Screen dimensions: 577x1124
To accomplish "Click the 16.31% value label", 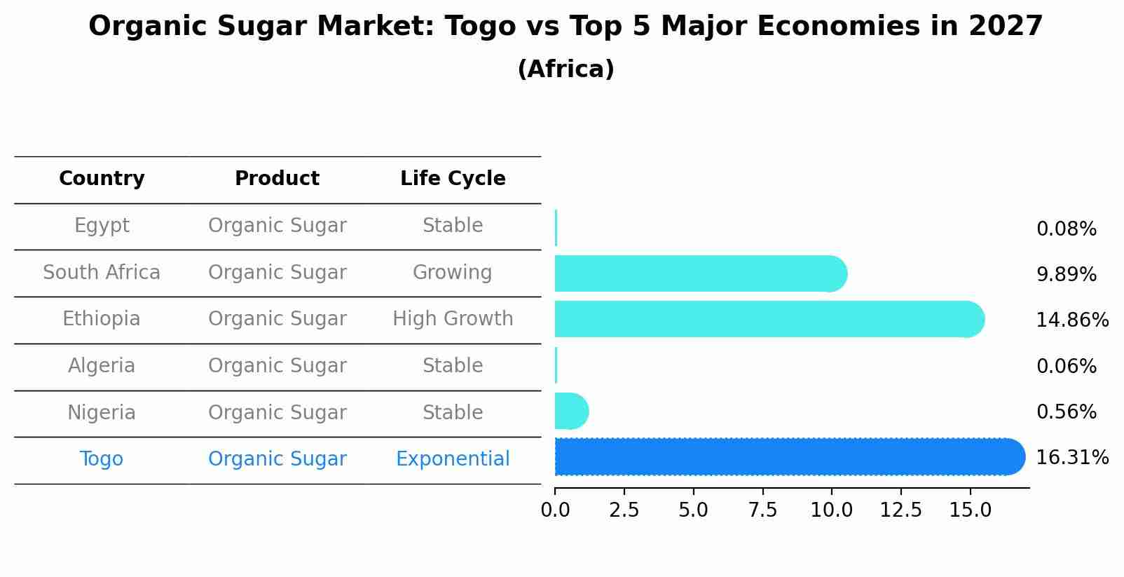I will pos(1071,458).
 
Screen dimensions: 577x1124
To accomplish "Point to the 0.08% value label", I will pos(1066,229).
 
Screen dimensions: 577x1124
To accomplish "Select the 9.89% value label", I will pos(1066,275).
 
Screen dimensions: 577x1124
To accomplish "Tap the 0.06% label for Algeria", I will pos(1066,366).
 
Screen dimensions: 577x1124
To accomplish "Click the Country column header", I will pos(102,179).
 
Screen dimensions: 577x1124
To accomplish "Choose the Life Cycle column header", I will pos(453,179).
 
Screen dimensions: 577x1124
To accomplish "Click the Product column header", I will pos(277,179).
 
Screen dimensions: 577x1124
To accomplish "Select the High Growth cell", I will pos(453,319).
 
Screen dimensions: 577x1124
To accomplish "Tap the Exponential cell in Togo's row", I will pos(453,459).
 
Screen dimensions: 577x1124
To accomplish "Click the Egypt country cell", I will pos(102,226).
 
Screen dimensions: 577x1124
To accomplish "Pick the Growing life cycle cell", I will pos(453,273).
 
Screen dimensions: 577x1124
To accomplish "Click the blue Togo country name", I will pos(102,459).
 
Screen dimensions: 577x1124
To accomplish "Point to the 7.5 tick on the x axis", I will pos(762,510).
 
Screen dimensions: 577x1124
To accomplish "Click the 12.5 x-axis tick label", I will pos(900,510).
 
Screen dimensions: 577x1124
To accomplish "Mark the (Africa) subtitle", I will pos(566,69).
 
